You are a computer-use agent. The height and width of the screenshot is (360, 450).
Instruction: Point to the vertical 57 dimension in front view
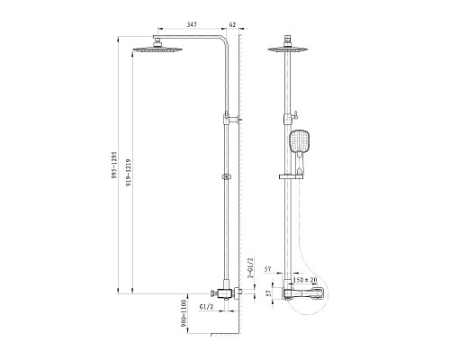tap(269, 293)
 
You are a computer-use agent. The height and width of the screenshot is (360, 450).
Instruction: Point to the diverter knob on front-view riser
tap(294, 112)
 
